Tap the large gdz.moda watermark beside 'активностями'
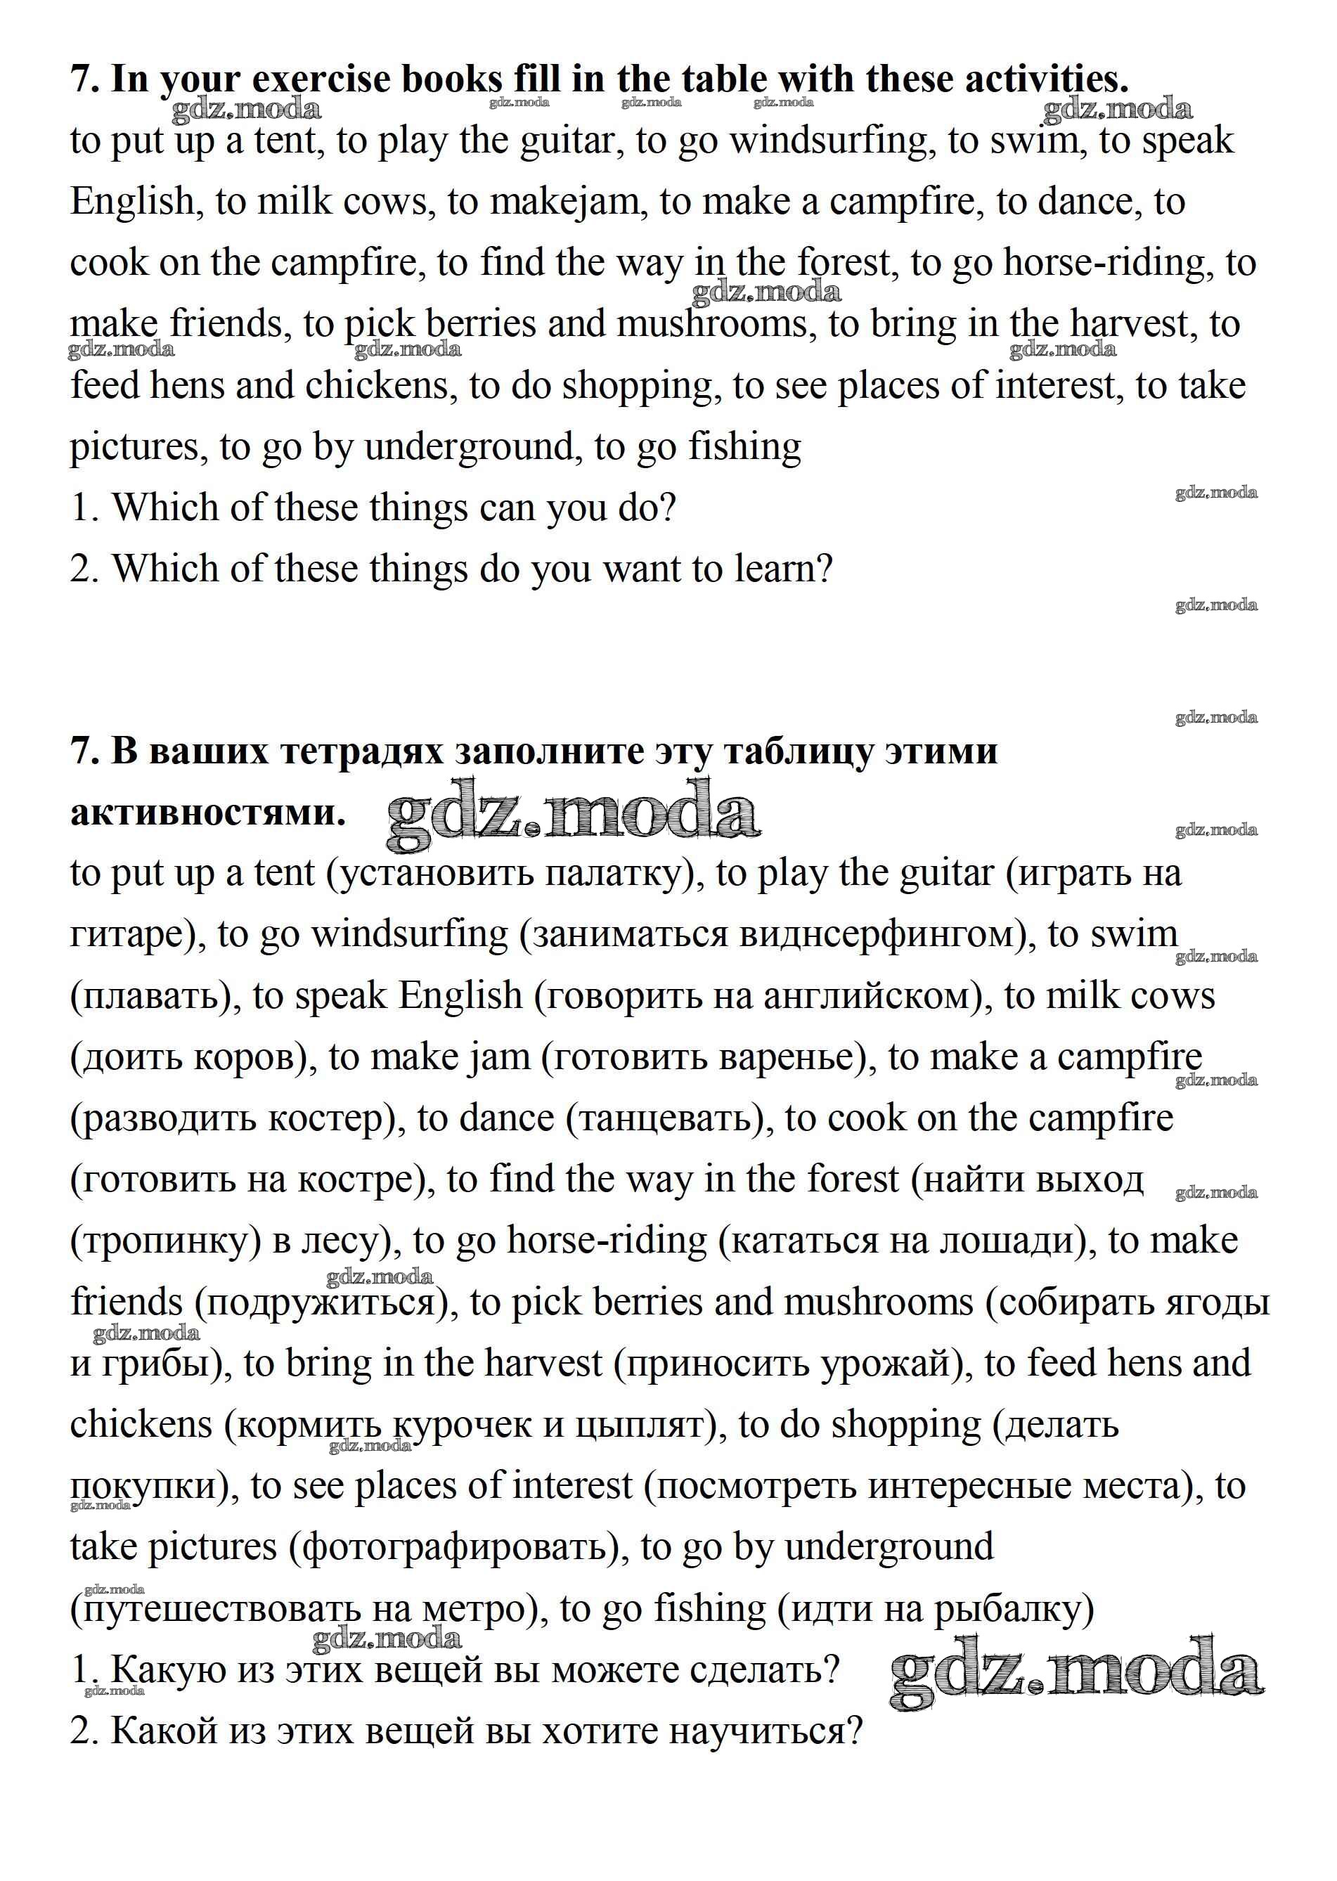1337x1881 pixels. point(573,814)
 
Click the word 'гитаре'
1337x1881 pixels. point(131,935)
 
